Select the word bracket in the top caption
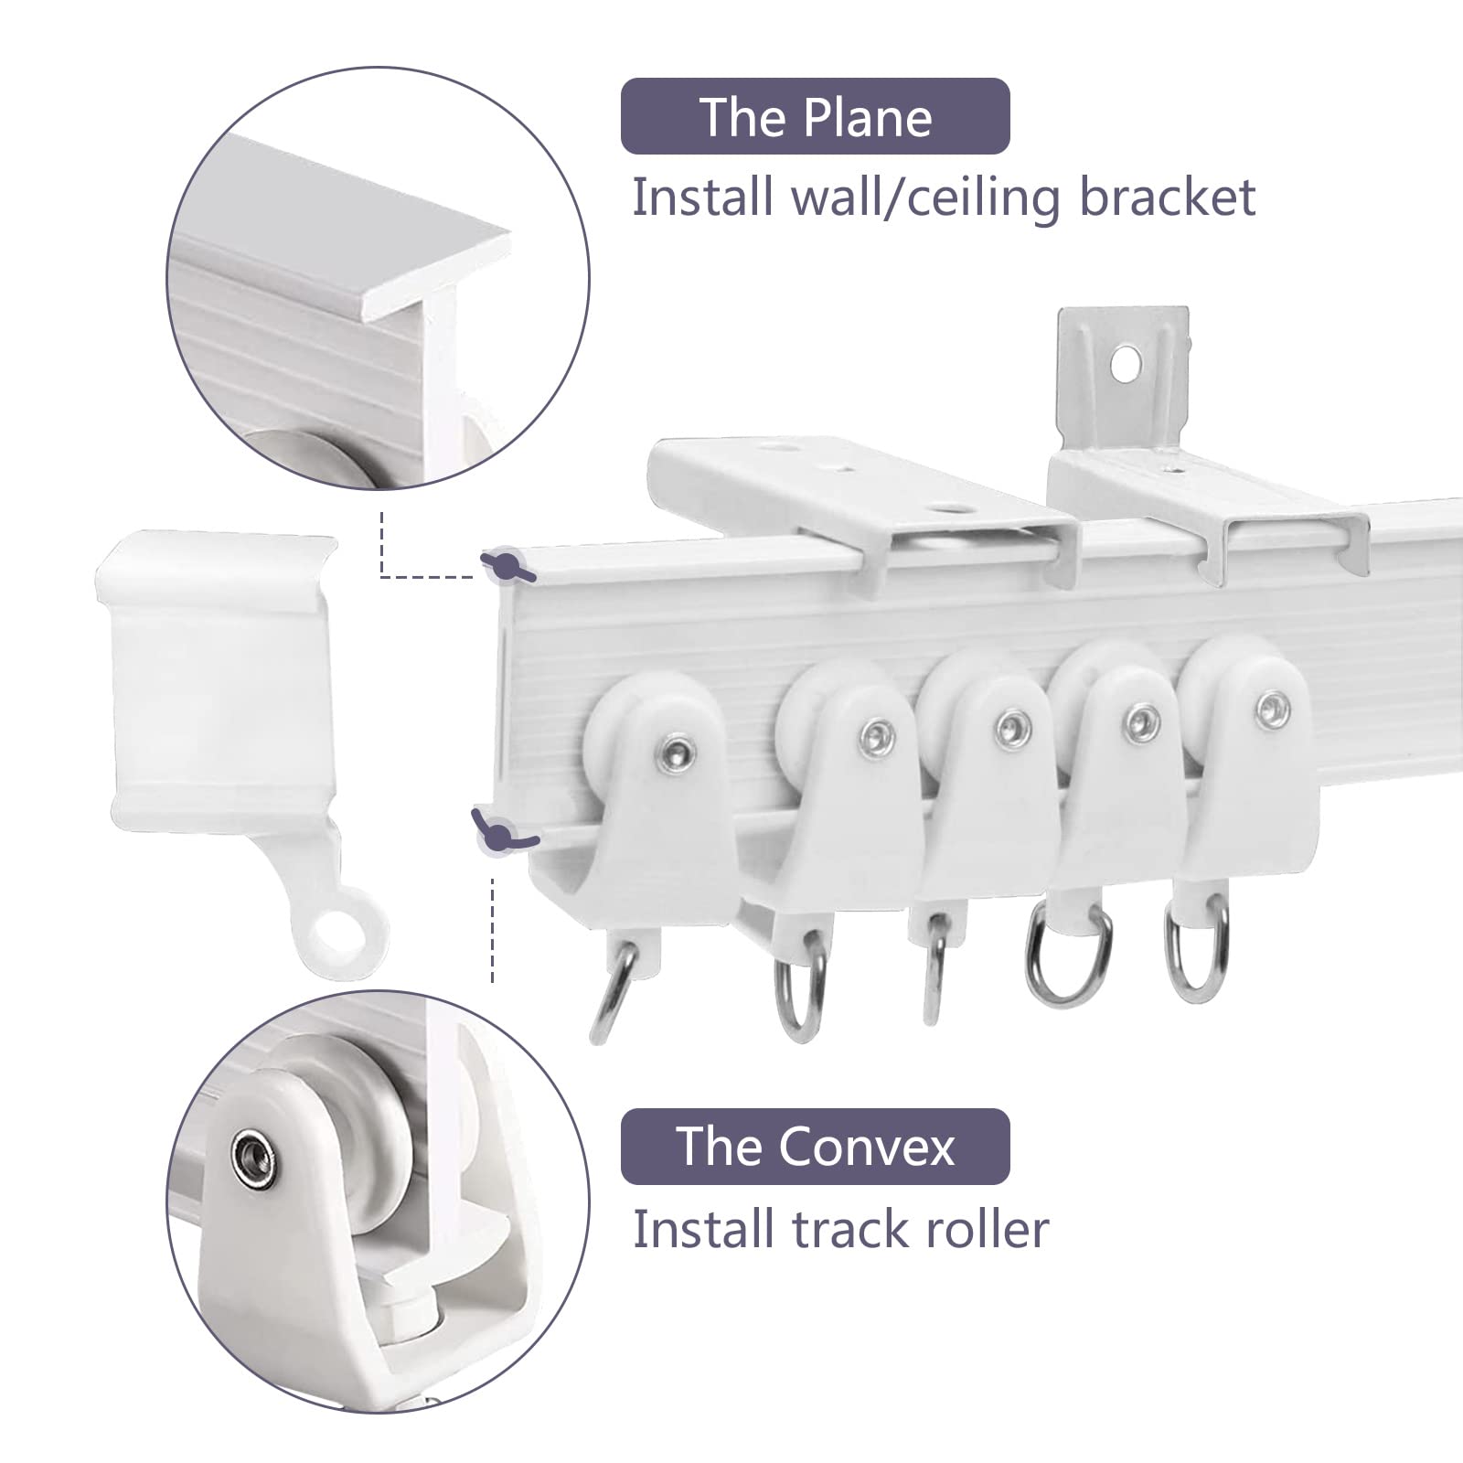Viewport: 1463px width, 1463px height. click(x=1168, y=197)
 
